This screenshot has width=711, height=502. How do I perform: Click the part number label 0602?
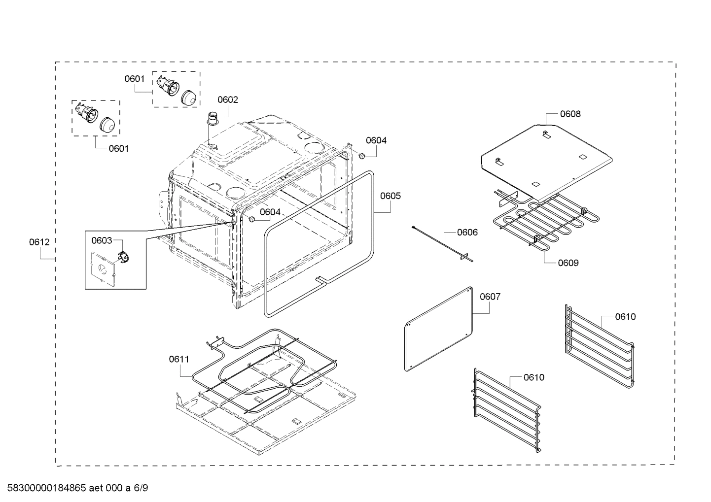(228, 100)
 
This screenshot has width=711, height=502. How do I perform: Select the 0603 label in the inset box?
(102, 240)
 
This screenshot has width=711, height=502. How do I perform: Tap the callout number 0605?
(390, 196)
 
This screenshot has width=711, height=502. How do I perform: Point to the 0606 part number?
(467, 232)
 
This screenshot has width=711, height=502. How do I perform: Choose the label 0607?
(490, 296)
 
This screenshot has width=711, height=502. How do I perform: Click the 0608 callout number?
(570, 114)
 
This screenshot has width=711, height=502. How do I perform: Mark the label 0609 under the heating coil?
(568, 263)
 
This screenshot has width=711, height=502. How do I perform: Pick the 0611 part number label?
(179, 359)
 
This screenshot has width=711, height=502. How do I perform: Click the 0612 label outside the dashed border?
(39, 242)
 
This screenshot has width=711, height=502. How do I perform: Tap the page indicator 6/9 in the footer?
(141, 488)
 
